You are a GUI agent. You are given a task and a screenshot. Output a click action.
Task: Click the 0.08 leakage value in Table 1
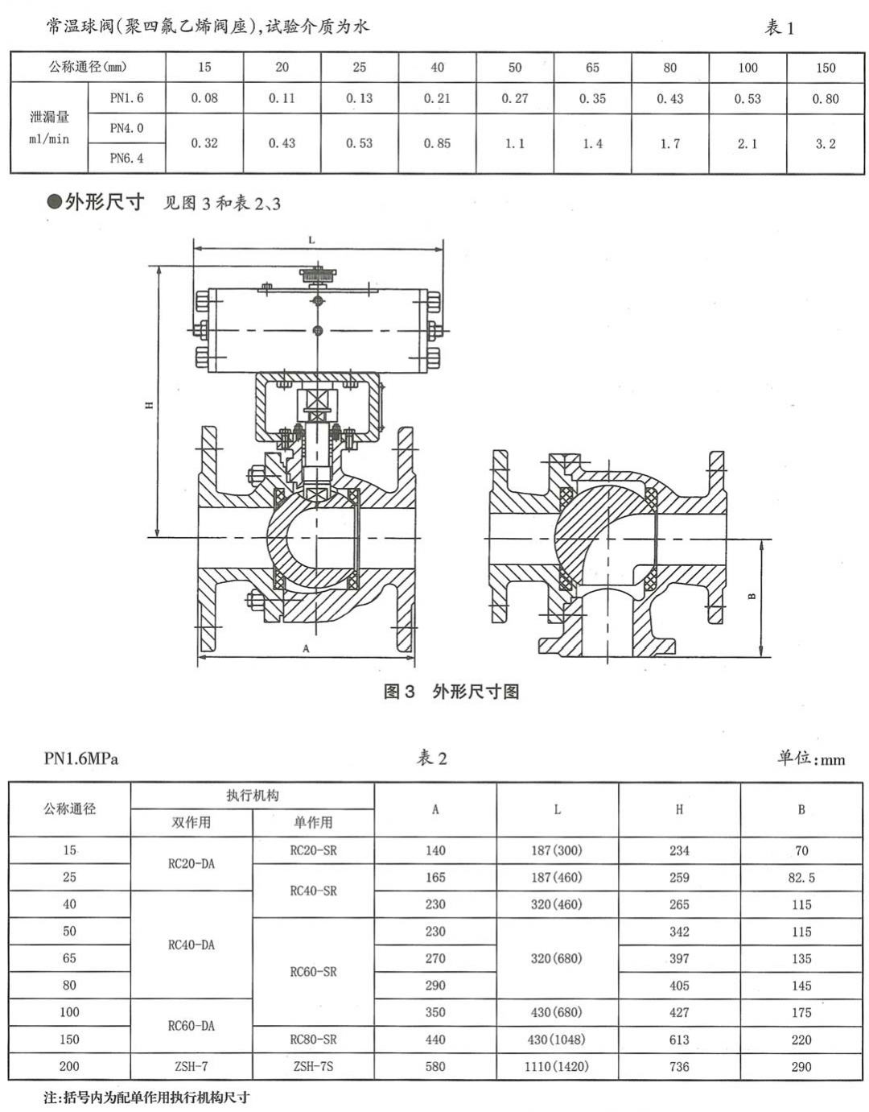pos(204,98)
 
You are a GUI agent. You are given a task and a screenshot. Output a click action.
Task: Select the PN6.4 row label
pos(126,158)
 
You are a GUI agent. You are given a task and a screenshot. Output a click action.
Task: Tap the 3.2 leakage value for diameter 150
pos(826,143)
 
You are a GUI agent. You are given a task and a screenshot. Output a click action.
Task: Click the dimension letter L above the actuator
pos(311,240)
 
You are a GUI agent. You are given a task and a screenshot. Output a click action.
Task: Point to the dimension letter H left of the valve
pos(149,405)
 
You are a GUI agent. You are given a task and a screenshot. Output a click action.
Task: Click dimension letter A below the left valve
pos(306,648)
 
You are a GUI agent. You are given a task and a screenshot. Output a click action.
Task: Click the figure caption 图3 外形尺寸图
pos(451,691)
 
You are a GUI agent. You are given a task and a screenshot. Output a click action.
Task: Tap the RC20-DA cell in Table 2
pos(192,863)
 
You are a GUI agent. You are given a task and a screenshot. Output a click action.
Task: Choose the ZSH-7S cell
pos(313,1066)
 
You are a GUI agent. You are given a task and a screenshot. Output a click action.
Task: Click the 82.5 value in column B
pos(801,878)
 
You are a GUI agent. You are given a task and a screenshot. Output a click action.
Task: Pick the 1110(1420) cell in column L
pos(556,1066)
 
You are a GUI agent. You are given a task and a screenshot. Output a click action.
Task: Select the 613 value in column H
pos(679,1040)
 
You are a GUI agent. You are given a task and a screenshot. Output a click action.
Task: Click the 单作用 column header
pos(313,822)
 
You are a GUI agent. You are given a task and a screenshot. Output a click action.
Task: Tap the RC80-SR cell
pos(313,1040)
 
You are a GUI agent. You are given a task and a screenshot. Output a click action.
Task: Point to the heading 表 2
pos(431,758)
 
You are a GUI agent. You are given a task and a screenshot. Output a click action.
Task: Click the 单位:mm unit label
pos(810,759)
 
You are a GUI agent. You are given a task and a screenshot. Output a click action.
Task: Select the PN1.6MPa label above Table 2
pos(81,759)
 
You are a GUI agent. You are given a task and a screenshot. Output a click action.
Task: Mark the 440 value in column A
pos(435,1040)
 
